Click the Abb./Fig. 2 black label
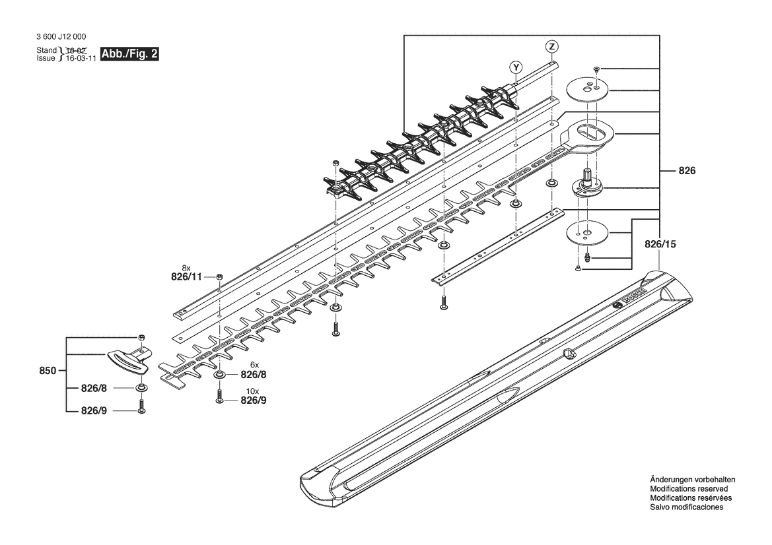tap(129, 54)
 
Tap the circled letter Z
tap(552, 46)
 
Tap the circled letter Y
tap(516, 67)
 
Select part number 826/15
tap(660, 244)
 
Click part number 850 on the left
tap(48, 371)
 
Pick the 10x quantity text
tap(252, 391)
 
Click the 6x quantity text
tap(254, 365)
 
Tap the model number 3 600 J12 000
tap(61, 37)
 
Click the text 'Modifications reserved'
tap(689, 489)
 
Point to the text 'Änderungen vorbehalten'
tap(693, 480)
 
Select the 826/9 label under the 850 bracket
tap(94, 410)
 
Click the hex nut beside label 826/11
tap(219, 276)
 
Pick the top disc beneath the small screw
tap(589, 88)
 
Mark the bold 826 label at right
tap(687, 170)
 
